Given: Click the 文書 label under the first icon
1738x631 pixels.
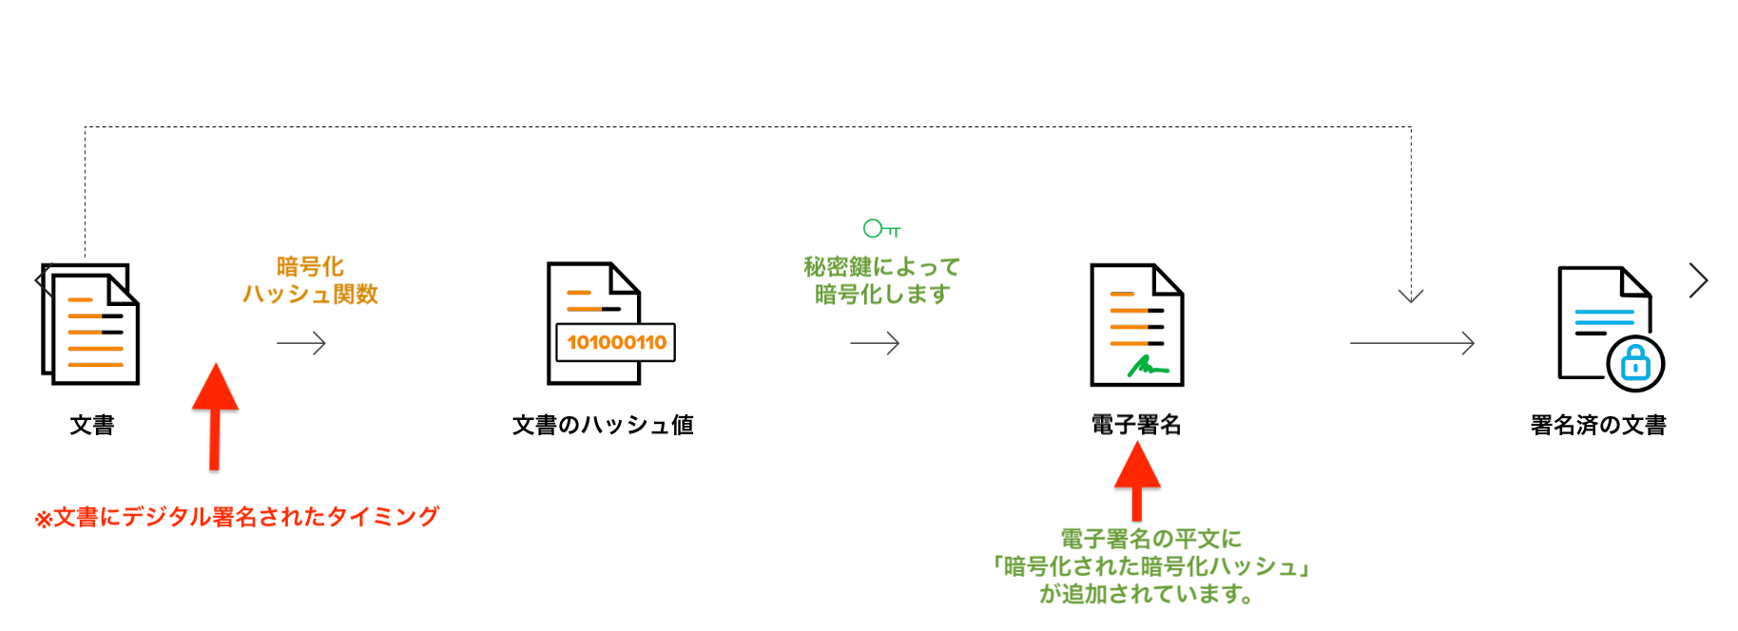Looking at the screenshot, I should [x=92, y=425].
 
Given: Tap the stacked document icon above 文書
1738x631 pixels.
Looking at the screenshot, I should [x=91, y=324].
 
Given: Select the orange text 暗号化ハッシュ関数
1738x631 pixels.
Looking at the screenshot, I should [x=310, y=280].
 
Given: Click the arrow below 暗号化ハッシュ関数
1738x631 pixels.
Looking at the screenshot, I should [x=301, y=343].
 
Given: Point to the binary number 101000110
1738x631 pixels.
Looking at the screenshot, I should [x=616, y=343].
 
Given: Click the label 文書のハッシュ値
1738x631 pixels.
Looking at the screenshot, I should [x=603, y=425].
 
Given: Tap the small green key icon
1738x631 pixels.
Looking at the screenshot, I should [x=880, y=228].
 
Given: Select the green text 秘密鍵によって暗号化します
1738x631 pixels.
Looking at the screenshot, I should [x=881, y=280].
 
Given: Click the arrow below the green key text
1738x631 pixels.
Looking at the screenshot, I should [x=875, y=343].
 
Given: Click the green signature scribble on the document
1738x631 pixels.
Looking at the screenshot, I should [x=1147, y=366].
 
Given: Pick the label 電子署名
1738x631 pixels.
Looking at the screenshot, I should [x=1136, y=425].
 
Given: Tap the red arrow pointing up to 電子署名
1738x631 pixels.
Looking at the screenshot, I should [x=1137, y=480].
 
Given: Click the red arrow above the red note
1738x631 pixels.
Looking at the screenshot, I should [x=215, y=415].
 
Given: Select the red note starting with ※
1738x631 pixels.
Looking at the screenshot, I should [x=237, y=517].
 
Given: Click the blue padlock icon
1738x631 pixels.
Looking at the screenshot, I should [x=1635, y=363].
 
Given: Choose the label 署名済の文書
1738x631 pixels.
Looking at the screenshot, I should [x=1598, y=425].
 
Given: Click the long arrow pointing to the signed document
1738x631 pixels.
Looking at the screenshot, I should [x=1412, y=343].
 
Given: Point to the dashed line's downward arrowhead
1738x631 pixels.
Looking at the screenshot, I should [x=1411, y=295].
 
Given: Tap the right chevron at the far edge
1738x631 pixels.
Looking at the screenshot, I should [x=1699, y=280].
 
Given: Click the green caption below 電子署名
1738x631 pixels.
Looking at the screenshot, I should [x=1149, y=566].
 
